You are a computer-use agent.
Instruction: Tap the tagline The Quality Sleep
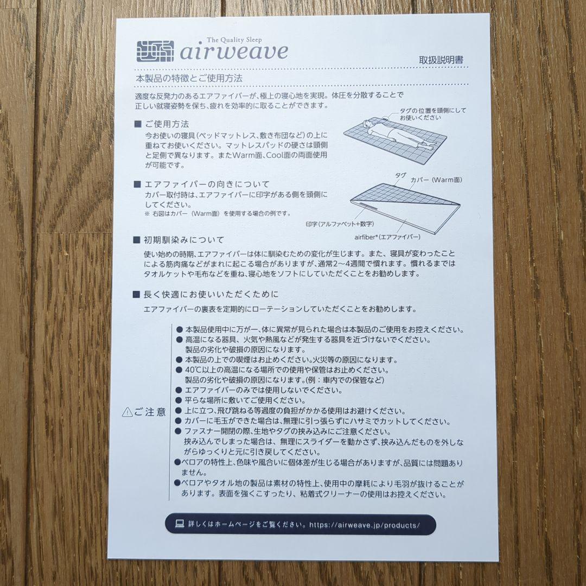[x=234, y=40]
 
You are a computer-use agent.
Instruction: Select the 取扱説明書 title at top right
[x=441, y=60]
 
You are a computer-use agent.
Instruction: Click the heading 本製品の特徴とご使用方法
[x=189, y=79]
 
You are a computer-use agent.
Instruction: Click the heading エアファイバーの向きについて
[x=207, y=184]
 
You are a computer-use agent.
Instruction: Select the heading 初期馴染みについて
[x=184, y=239]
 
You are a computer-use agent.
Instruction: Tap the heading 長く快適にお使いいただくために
[x=211, y=294]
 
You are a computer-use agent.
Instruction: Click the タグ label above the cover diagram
[x=400, y=175]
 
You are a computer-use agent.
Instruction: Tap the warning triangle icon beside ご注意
[x=127, y=412]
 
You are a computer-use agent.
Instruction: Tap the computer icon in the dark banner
[x=180, y=524]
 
